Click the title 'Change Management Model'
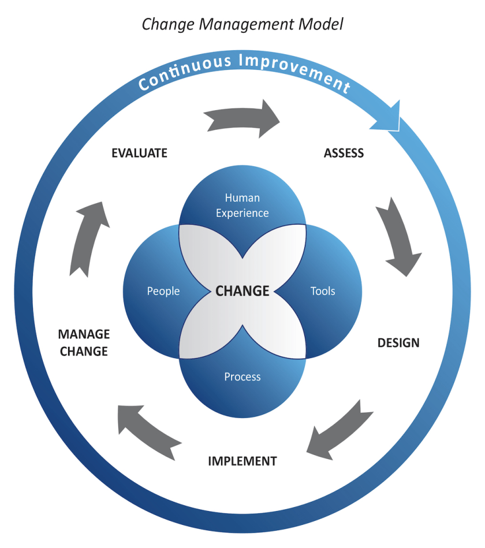(242, 24)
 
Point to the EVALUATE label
(139, 153)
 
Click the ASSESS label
(344, 153)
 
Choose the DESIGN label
(398, 342)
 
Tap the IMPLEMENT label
(242, 461)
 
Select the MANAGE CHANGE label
(84, 342)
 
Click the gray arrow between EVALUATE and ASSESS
(242, 118)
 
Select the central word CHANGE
(242, 290)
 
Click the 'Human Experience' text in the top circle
(242, 206)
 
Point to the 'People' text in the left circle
(163, 291)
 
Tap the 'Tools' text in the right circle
(322, 291)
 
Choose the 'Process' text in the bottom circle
(242, 376)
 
